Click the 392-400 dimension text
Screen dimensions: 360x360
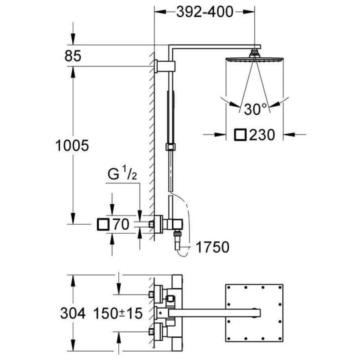204,11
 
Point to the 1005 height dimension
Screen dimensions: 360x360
73,145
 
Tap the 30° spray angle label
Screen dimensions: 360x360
256,108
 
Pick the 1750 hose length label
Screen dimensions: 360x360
212,247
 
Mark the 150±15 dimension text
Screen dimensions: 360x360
117,313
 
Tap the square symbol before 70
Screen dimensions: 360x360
104,224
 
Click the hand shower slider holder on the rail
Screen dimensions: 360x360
171,146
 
